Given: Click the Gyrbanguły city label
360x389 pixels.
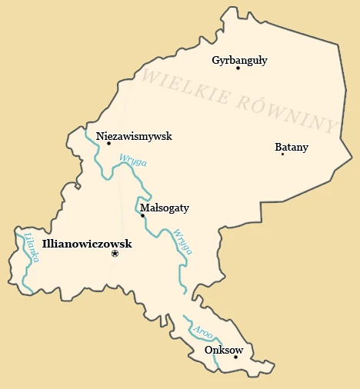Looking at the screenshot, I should pos(239,60).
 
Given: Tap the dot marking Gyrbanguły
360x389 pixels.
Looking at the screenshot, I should pos(238,68).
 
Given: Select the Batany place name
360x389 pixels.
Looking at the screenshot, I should pos(292,147).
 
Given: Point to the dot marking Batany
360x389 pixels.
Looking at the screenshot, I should pos(282,154).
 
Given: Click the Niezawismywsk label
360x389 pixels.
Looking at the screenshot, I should pos(135,136).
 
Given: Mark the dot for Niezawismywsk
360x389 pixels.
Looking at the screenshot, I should pos(108,143).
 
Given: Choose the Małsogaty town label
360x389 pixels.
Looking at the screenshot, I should pos(165,208).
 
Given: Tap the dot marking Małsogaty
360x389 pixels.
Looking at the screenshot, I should pos(142,215).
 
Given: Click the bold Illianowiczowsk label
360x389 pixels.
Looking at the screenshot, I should pos(86,244).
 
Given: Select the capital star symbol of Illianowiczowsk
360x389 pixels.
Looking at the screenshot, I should pos(115,253).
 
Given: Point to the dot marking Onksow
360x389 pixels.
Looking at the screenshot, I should pos(235,357).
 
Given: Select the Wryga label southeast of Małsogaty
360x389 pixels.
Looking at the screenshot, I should pos(183,241).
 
